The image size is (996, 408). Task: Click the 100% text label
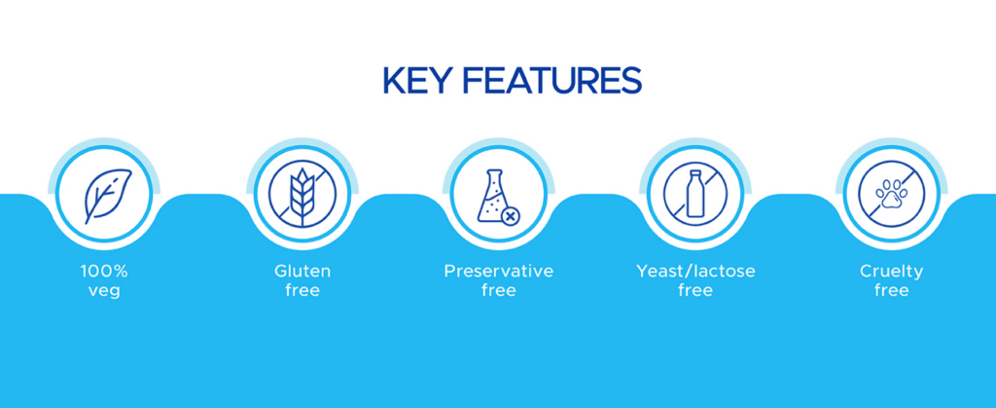104,272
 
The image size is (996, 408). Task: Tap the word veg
104,292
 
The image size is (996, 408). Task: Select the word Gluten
302,272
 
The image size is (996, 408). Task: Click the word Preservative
499,272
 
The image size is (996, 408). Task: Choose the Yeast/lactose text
695,272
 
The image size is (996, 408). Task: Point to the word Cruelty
891,272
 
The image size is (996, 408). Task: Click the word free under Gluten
302,291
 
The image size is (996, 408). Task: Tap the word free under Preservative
499,291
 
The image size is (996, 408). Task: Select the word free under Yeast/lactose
695,291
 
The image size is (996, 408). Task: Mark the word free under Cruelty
891,291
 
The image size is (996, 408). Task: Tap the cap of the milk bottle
695,174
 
